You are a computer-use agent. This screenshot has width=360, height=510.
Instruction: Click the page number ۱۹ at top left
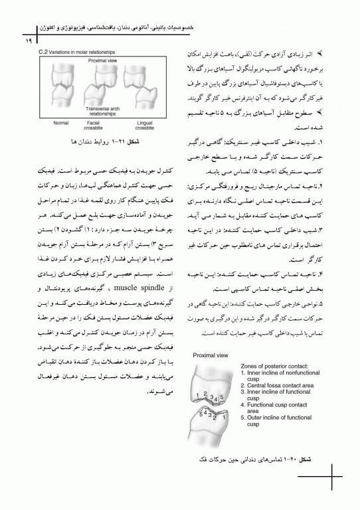pos(11,41)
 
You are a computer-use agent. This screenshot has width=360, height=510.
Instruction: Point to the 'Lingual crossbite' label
pos(144,125)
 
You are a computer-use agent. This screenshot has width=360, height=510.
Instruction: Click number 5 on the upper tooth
pos(222,397)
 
